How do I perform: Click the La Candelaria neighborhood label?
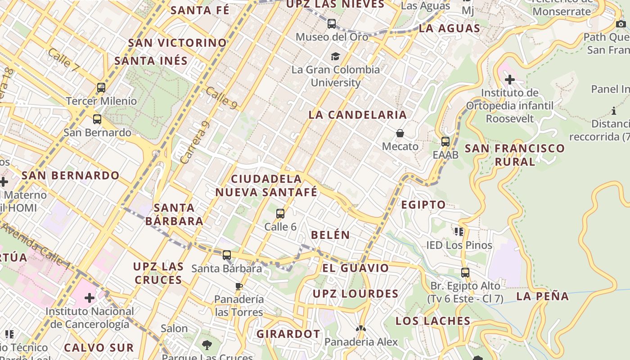[358, 115]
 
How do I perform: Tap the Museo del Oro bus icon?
[332, 23]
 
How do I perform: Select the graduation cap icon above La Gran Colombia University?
[335, 56]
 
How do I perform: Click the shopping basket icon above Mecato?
[400, 133]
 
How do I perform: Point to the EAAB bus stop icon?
[445, 141]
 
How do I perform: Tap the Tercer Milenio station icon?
[101, 88]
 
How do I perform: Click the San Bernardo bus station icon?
[97, 119]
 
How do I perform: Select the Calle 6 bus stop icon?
[280, 213]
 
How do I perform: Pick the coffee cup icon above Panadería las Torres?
[239, 286]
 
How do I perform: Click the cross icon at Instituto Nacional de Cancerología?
[90, 298]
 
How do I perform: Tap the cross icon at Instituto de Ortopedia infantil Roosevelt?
[509, 80]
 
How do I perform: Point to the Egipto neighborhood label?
[423, 205]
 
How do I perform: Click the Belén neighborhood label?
[330, 235]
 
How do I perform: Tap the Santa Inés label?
[151, 61]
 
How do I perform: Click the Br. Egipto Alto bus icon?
[465, 272]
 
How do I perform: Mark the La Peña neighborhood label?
[543, 296]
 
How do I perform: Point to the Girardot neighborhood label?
[288, 334]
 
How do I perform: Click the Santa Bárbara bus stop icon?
[227, 255]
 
